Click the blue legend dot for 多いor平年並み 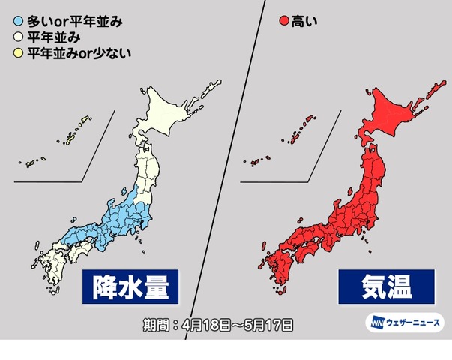click(18, 21)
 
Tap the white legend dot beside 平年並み click(18, 37)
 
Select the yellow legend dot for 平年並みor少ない click(18, 52)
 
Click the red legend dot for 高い click(284, 21)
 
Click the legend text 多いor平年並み click(74, 21)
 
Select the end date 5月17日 click(268, 325)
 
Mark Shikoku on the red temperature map click(304, 247)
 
